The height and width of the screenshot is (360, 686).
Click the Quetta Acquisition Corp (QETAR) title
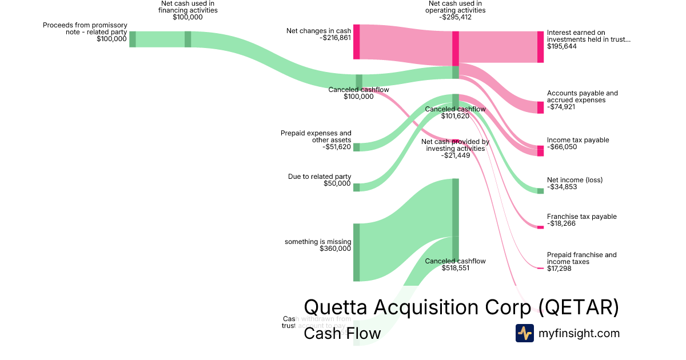pos(461,307)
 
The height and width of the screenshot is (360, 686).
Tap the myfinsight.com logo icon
pos(524,333)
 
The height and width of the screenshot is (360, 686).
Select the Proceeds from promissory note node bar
pos(132,39)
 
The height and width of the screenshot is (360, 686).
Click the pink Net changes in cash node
pos(356,42)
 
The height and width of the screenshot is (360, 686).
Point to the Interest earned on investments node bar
pos(540,47)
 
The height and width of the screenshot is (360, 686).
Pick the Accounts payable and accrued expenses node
pos(540,107)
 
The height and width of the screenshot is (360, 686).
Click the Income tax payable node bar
pos(540,151)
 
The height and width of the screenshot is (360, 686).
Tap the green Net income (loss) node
pos(540,191)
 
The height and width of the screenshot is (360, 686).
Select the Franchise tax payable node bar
pos(540,227)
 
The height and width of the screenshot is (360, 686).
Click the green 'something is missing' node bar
pos(356,253)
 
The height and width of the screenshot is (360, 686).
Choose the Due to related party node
pos(356,187)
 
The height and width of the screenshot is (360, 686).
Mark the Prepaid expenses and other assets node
pos(356,147)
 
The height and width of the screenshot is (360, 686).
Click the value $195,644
pos(562,46)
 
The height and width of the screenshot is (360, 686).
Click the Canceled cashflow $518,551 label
pos(455,264)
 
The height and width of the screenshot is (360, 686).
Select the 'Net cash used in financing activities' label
pos(188,10)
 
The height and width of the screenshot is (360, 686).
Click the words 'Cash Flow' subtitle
pos(342,334)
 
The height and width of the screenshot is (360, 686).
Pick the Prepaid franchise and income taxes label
pos(581,258)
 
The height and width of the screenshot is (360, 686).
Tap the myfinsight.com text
pos(579,333)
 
